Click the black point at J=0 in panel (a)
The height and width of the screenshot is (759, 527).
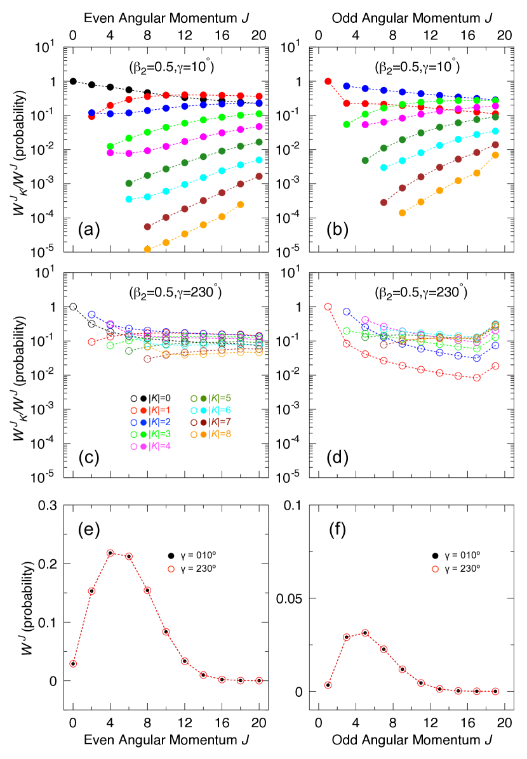tap(73, 81)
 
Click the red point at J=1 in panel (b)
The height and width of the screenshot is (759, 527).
tap(328, 81)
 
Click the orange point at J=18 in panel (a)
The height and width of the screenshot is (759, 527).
tap(241, 204)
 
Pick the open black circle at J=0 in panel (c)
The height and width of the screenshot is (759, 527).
tap(73, 307)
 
